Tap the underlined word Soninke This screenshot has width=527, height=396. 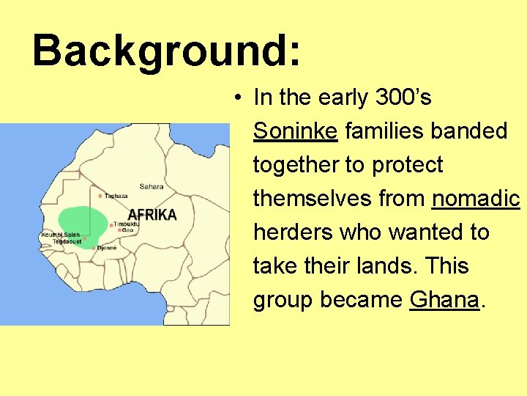[295, 131]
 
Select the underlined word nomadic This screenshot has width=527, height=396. [476, 199]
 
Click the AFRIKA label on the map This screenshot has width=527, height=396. [152, 214]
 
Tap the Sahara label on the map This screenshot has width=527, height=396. [152, 186]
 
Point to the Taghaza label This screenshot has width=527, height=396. [116, 196]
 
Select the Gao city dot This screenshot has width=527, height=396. [119, 230]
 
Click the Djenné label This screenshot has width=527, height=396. [106, 248]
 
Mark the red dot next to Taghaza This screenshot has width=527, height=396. [100, 196]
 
